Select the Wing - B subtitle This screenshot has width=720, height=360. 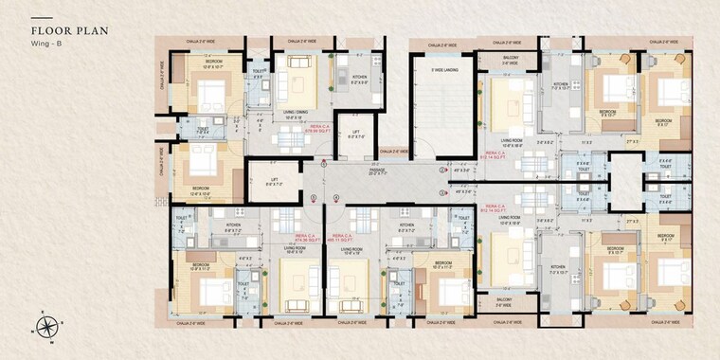[x=45, y=44]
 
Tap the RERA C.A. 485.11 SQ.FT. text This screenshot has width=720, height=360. [x=341, y=239]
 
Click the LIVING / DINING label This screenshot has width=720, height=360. [x=296, y=113]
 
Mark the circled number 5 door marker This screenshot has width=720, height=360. [x=314, y=198]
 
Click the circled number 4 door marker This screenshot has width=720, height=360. [x=336, y=198]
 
